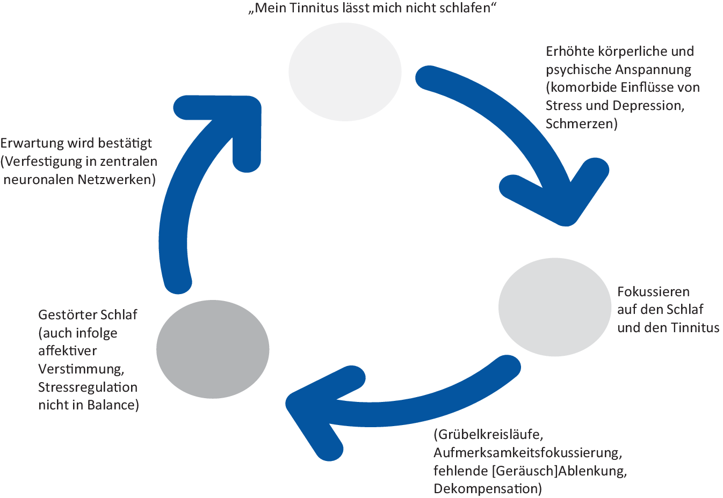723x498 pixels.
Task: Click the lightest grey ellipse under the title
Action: tap(345, 72)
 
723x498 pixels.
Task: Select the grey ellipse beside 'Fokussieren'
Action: tap(555, 307)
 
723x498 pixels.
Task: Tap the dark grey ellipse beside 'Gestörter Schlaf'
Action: tap(213, 349)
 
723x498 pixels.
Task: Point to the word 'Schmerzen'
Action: tap(581, 124)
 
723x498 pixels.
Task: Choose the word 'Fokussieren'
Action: tap(653, 292)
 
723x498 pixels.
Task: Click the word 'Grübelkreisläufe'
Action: tap(488, 435)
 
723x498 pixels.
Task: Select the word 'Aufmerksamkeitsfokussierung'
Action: tap(527, 453)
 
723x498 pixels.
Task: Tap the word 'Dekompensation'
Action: tap(487, 489)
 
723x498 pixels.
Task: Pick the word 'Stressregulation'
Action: tap(88, 387)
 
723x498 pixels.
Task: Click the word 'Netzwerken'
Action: tap(116, 180)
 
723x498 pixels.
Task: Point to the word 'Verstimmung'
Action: tap(81, 369)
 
